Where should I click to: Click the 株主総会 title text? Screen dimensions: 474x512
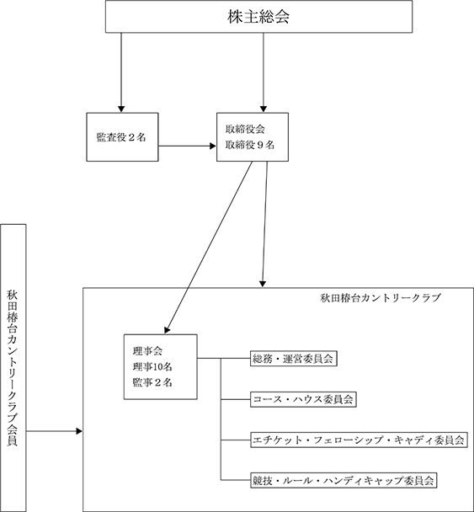(x=258, y=17)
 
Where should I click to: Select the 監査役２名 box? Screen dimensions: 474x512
(x=122, y=137)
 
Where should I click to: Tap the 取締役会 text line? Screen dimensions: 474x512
(x=245, y=130)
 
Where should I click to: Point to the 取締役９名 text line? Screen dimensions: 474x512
(x=250, y=145)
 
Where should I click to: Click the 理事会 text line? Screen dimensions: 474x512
(x=147, y=351)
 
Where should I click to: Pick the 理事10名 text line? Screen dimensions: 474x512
(x=152, y=367)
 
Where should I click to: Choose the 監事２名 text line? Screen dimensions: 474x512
(x=152, y=382)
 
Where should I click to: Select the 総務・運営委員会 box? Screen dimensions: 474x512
(x=294, y=359)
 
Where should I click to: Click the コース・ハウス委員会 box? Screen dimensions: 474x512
(x=303, y=399)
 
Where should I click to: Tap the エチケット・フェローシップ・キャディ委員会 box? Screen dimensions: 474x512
(x=359, y=440)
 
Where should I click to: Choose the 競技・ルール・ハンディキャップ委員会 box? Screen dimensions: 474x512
(x=344, y=481)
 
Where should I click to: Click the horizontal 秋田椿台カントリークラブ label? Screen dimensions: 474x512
(x=381, y=298)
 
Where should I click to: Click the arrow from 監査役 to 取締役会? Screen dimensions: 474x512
(x=188, y=146)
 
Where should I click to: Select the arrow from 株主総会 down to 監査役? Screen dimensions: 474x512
(x=121, y=72)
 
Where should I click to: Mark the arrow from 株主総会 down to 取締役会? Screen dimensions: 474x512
(x=264, y=72)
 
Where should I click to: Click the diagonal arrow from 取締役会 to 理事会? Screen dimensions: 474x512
(x=209, y=248)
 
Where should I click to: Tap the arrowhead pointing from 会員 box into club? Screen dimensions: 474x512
(x=79, y=431)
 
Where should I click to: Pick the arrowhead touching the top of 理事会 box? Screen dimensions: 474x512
(x=167, y=330)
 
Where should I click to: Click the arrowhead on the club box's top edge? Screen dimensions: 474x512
(x=263, y=284)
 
